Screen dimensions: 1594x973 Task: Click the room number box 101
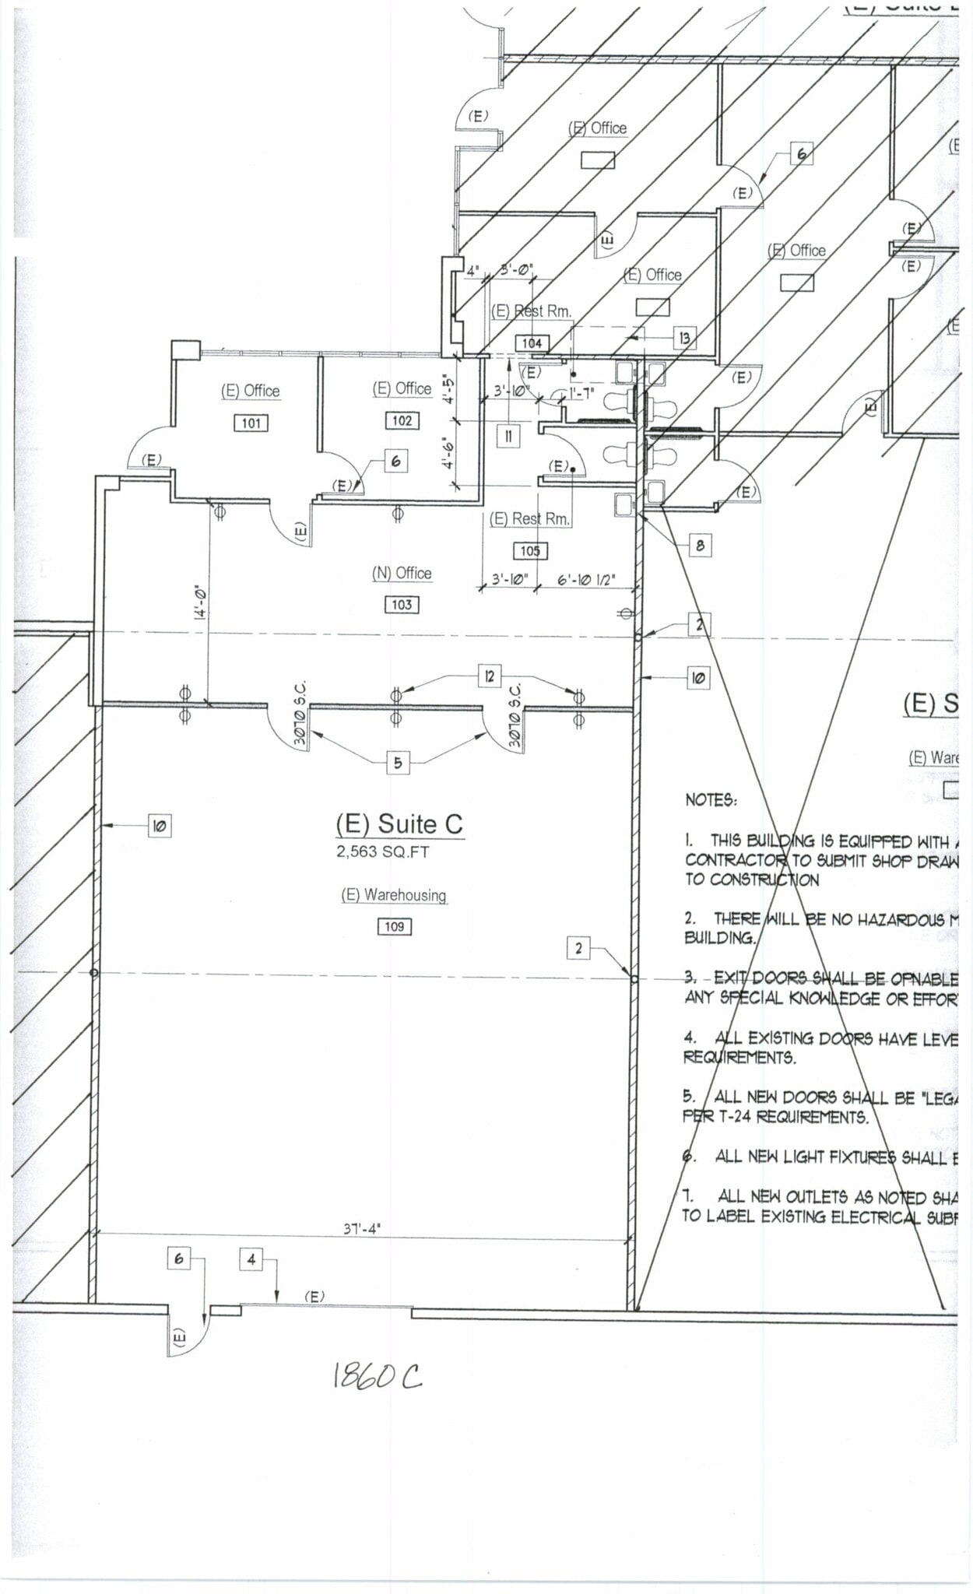pyautogui.click(x=251, y=423)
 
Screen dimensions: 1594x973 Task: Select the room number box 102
pyautogui.click(x=402, y=421)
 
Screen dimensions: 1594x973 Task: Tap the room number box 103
pyautogui.click(x=402, y=605)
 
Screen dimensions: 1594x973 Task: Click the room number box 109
pyautogui.click(x=395, y=927)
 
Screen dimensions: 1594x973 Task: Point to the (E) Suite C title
pyautogui.click(x=399, y=824)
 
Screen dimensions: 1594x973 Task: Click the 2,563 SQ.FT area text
pyautogui.click(x=383, y=852)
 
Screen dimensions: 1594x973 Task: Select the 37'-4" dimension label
pyautogui.click(x=362, y=1229)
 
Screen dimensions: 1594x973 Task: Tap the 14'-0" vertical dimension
pyautogui.click(x=200, y=602)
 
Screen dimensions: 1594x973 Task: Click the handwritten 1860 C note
pyautogui.click(x=378, y=1376)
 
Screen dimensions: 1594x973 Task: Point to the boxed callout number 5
pyautogui.click(x=398, y=763)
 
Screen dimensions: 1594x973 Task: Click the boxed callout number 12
pyautogui.click(x=489, y=676)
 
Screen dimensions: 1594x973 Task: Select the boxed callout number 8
pyautogui.click(x=700, y=546)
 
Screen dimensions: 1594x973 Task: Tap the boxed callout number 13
pyautogui.click(x=684, y=338)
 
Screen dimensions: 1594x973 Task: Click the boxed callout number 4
pyautogui.click(x=251, y=1259)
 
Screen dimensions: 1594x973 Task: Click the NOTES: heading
pyautogui.click(x=711, y=800)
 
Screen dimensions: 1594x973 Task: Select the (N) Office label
pyautogui.click(x=402, y=574)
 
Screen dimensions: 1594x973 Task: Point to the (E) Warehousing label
pyautogui.click(x=394, y=895)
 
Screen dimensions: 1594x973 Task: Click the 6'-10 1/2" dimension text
pyautogui.click(x=586, y=580)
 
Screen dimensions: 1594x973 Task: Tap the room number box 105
pyautogui.click(x=530, y=551)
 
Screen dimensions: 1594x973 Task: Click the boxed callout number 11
pyautogui.click(x=508, y=436)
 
